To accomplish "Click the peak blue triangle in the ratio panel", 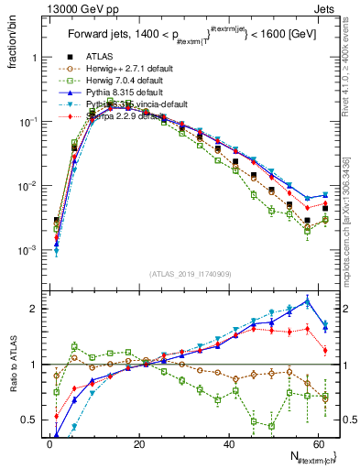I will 307,300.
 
